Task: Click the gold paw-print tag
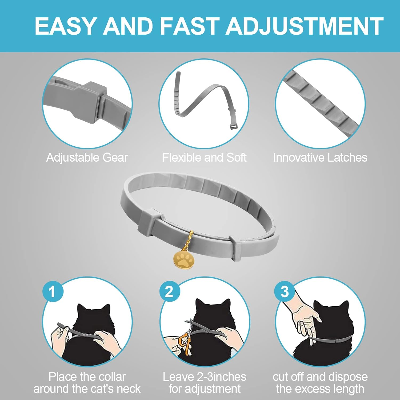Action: (x=183, y=259)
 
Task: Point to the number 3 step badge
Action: (x=285, y=291)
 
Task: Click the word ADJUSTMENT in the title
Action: (x=305, y=26)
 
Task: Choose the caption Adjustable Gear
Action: (x=87, y=158)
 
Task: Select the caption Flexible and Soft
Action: (x=205, y=158)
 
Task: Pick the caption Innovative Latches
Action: (x=320, y=158)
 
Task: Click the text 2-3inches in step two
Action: (x=222, y=377)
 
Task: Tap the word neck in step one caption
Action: (x=129, y=389)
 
